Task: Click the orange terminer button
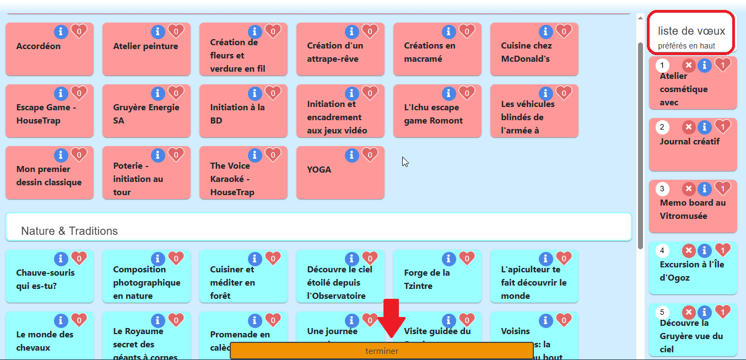click(381, 351)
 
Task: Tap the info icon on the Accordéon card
click(61, 31)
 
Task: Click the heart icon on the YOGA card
click(369, 155)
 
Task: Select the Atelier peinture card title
click(145, 46)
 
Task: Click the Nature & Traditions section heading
click(69, 231)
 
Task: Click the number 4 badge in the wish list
click(662, 251)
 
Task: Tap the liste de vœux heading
click(691, 31)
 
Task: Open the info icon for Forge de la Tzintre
click(449, 259)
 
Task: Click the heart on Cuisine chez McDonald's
click(563, 31)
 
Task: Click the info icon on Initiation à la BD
click(255, 93)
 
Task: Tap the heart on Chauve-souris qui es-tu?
click(79, 259)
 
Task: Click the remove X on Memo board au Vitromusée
click(689, 189)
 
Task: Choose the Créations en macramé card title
click(430, 52)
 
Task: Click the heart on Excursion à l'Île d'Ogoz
click(722, 251)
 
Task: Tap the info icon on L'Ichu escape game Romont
click(449, 93)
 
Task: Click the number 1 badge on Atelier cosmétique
click(662, 66)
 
